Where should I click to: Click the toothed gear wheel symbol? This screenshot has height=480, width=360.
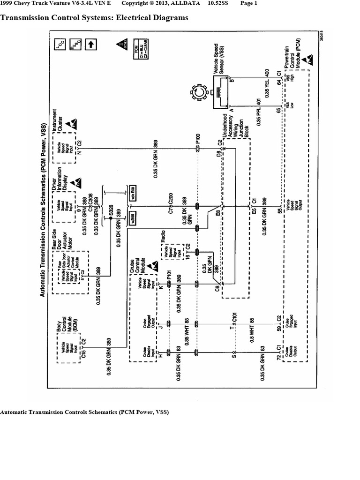pyautogui.click(x=199, y=92)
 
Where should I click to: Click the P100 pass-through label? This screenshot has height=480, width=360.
pyautogui.click(x=199, y=138)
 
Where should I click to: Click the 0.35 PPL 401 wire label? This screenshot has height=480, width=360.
pyautogui.click(x=258, y=112)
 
